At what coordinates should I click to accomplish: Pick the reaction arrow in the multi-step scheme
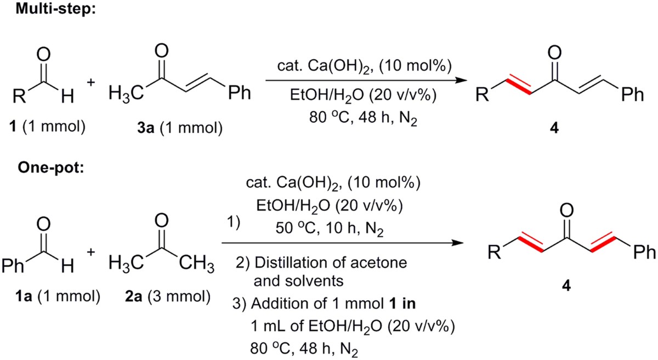tap(362, 81)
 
